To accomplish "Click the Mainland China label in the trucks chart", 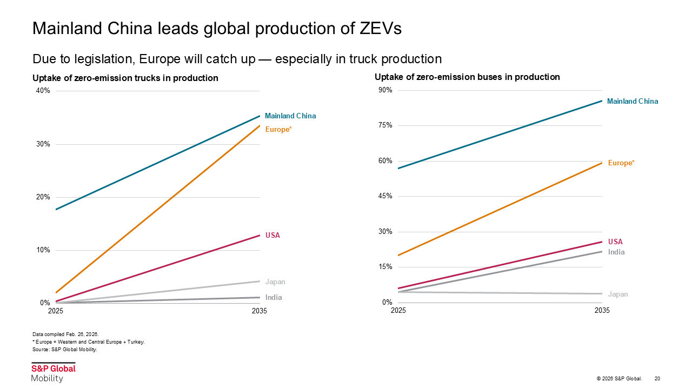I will tap(290, 116).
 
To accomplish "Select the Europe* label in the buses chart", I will tap(621, 163).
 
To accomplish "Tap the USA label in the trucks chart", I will tap(272, 235).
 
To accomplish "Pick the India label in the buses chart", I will tap(616, 252).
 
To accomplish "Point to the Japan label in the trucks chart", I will tap(275, 281).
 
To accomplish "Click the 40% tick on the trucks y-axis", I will tap(43, 91).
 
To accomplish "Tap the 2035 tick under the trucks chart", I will tap(259, 311).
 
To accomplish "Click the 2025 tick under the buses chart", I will tap(398, 311).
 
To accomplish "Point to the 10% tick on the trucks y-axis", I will tap(43, 250).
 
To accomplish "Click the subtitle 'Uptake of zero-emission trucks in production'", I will tap(125, 78).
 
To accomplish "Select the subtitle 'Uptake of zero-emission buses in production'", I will tap(467, 77).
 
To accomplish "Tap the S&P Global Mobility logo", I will tap(53, 373).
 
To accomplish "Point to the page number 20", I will tap(657, 378).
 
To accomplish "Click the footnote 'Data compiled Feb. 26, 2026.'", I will tap(65, 334).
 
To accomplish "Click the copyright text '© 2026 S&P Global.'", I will tap(619, 378).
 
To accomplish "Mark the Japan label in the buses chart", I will tap(618, 294).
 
